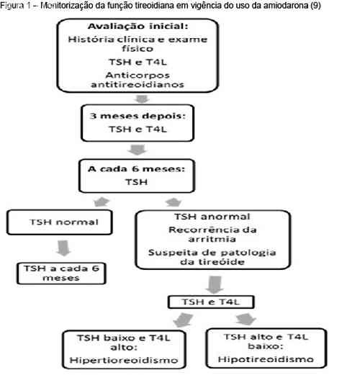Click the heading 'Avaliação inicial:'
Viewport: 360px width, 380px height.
138,26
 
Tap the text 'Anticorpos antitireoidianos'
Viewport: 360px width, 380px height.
138,80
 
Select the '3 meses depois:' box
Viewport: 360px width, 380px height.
138,123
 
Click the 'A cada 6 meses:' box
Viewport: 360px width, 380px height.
137,176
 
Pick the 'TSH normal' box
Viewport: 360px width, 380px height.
60,222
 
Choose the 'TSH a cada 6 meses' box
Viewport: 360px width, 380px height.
61,273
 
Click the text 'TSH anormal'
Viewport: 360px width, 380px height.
212,217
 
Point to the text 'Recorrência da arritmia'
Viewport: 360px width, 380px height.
212,235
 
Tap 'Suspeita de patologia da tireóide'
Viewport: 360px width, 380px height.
212,257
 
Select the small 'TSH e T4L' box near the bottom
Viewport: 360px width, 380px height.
211,302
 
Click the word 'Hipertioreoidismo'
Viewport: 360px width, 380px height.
124,361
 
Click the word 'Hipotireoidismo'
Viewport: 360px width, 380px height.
266,359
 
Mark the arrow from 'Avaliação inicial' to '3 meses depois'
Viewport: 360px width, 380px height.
142,99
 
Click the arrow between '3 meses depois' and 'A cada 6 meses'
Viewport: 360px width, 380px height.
138,150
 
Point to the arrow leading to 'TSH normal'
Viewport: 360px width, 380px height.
102,202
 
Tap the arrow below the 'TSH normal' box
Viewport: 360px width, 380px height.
63,248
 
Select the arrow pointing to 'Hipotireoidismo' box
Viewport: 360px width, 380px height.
246,319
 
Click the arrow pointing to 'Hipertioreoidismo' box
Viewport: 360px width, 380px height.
183,320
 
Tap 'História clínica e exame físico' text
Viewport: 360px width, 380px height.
138,44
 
